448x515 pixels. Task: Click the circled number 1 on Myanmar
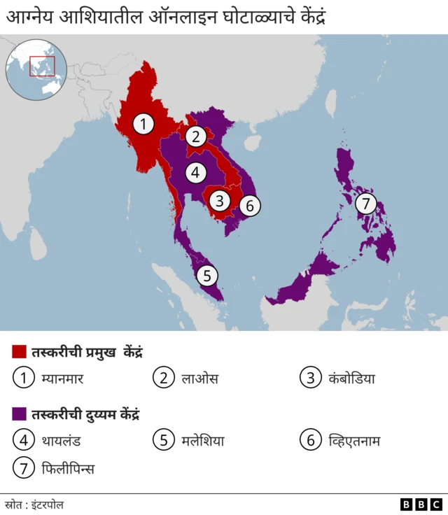[143, 125]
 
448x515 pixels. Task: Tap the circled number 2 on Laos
[196, 136]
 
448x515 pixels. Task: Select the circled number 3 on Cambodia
[220, 201]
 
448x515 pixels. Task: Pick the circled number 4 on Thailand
[196, 171]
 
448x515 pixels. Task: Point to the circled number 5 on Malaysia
[206, 276]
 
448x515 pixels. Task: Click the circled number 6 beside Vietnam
[250, 206]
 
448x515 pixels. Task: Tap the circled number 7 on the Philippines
[365, 204]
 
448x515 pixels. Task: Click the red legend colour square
[19, 351]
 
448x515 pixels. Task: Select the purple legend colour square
[19, 414]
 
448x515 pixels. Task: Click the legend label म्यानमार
[68, 379]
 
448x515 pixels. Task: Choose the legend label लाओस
[199, 379]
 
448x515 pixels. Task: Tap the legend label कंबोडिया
[351, 379]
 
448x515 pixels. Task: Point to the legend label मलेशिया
[203, 441]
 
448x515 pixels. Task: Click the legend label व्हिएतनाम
[354, 441]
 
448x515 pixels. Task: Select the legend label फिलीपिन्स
[68, 468]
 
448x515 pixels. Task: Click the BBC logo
[421, 504]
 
